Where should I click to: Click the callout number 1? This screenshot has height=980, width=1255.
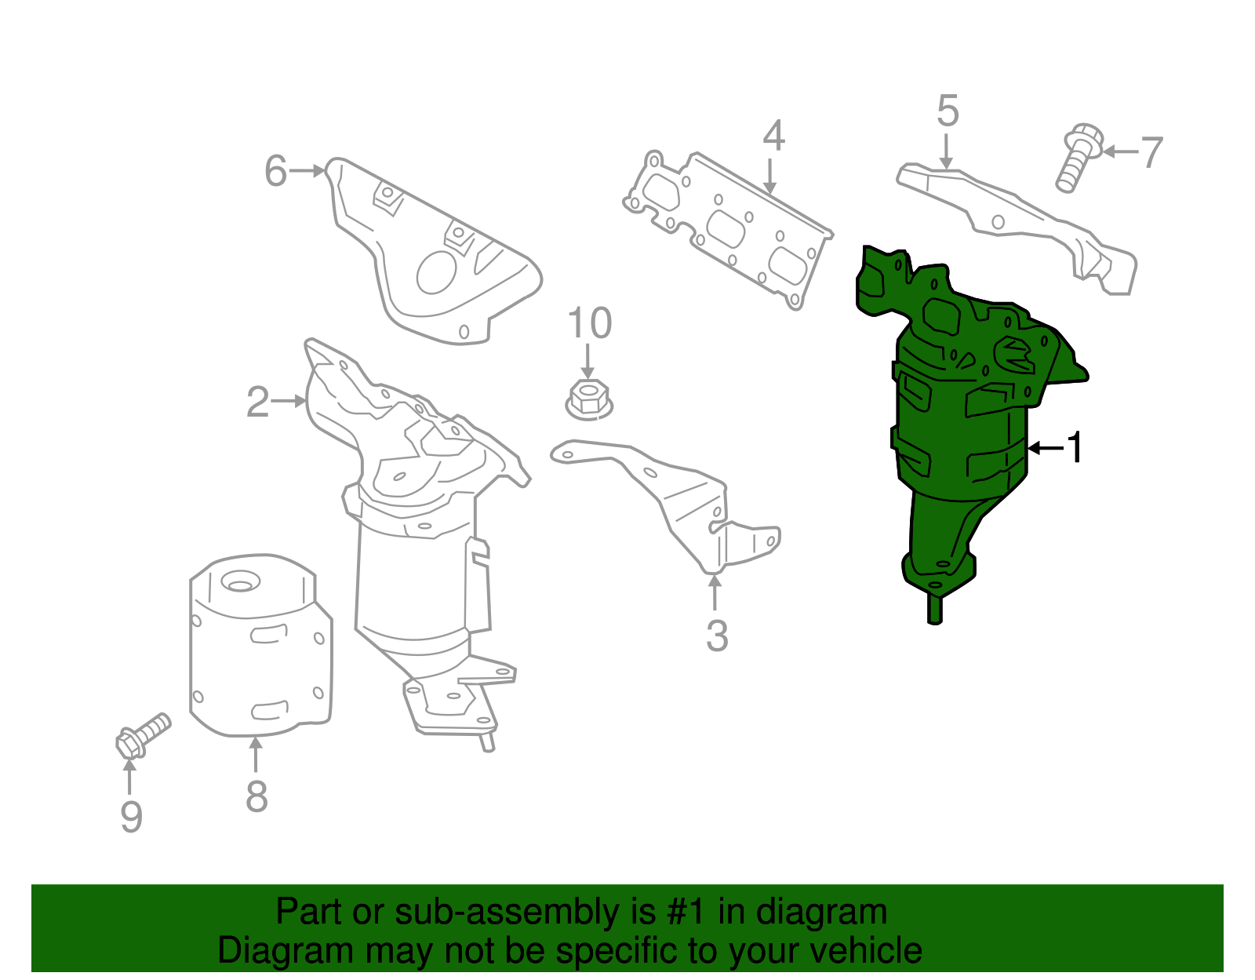tap(1075, 447)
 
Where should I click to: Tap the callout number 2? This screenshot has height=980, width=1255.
tap(257, 402)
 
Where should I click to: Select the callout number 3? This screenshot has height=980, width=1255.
tap(717, 636)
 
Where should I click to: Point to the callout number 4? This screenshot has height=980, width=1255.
tap(774, 137)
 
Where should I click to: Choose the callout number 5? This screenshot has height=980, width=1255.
tap(948, 111)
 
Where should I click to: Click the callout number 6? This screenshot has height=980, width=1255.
tap(275, 171)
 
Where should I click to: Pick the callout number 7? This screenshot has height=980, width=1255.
tap(1151, 153)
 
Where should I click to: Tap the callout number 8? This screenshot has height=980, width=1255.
tap(257, 796)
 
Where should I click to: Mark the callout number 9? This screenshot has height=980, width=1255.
tap(131, 817)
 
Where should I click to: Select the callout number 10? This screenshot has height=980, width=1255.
tap(589, 322)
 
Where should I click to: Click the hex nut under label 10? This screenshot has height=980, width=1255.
tap(588, 399)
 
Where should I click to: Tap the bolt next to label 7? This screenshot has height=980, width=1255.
tap(1078, 157)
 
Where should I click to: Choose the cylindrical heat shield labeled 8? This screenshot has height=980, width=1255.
tap(261, 646)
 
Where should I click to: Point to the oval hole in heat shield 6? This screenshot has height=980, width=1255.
tap(436, 272)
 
